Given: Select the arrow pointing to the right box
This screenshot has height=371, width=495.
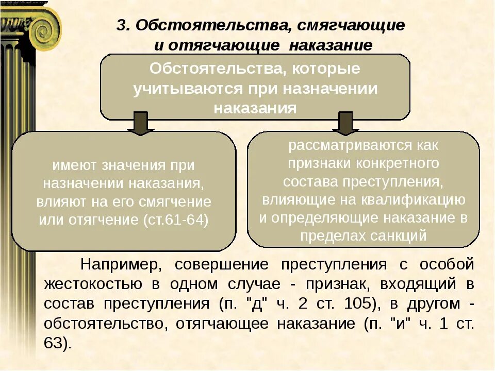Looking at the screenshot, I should coord(345,124).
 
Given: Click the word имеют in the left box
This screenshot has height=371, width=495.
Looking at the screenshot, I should coord(74,165).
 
